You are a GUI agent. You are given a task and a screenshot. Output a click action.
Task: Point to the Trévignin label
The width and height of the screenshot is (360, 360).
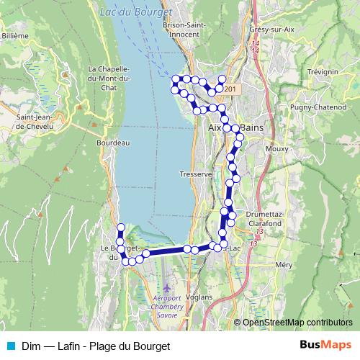tap(322, 73)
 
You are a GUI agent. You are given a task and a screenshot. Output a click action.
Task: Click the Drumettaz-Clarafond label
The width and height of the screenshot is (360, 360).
tap(266, 218)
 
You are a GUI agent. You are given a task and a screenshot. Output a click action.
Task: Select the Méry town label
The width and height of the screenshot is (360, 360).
tap(283, 265)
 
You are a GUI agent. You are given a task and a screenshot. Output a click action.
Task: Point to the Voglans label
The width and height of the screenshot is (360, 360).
tap(199, 297)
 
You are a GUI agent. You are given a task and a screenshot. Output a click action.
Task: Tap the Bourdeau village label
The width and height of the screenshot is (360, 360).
tap(112, 143)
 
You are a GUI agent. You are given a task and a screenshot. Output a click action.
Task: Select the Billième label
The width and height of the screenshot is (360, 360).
tap(14, 35)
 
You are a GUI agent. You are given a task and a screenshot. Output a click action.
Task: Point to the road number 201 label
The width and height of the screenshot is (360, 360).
tap(230, 89)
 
